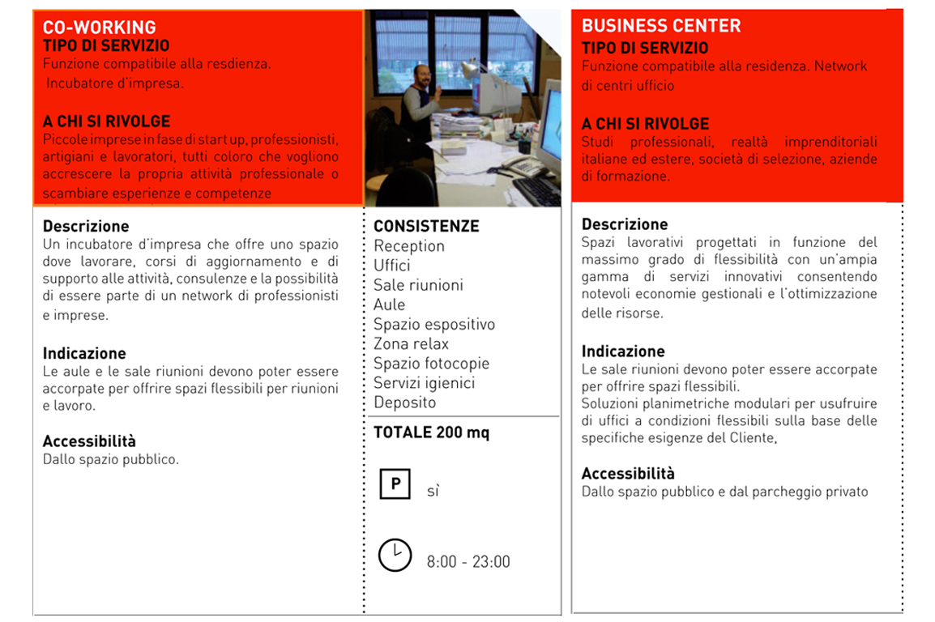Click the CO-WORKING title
click(99, 28)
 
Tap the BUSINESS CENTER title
click(661, 26)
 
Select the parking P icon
click(395, 484)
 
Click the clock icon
click(395, 555)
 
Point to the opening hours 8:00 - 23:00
click(468, 562)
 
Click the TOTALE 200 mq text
click(431, 432)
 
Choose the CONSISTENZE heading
click(426, 226)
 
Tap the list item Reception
click(409, 246)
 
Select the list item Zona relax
click(411, 343)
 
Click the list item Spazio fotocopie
click(431, 364)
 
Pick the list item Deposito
click(404, 403)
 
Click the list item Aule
click(390, 305)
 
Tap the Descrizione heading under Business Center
click(625, 224)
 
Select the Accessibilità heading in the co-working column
click(89, 441)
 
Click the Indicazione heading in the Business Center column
click(623, 351)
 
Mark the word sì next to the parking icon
click(433, 491)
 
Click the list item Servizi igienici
click(424, 383)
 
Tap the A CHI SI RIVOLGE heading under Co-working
click(106, 121)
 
